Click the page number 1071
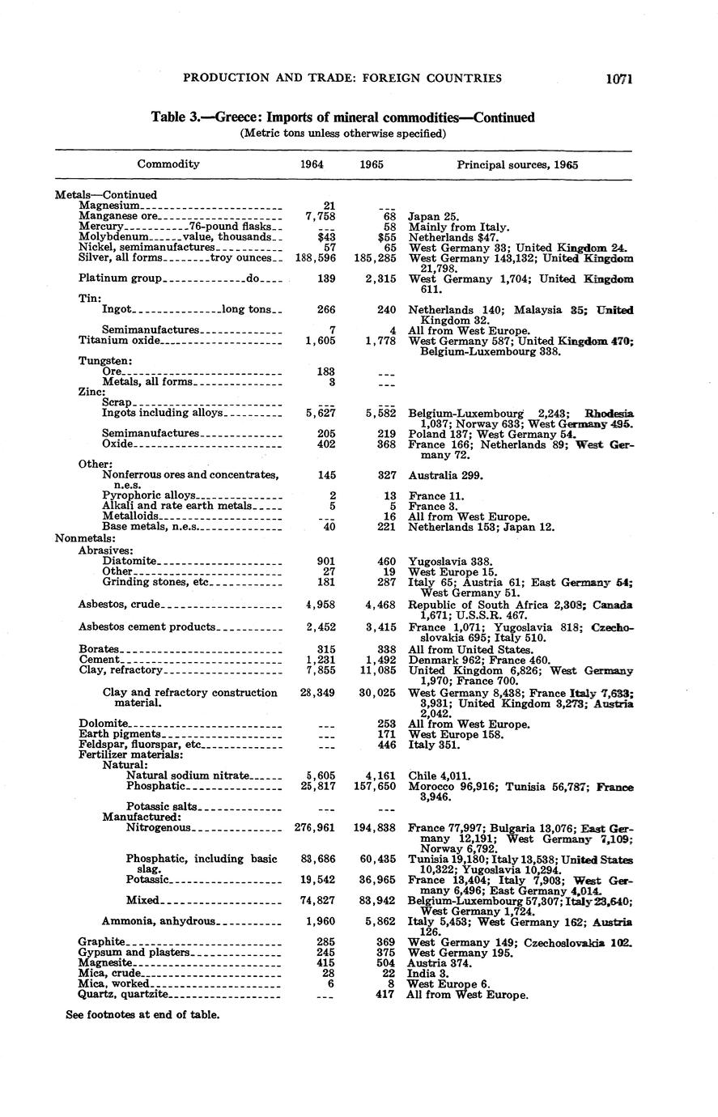tap(617, 79)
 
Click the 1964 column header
tap(312, 164)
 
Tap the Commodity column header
tap(168, 164)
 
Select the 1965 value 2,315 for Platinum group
tap(379, 278)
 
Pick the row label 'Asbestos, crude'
tap(120, 605)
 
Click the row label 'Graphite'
tap(102, 942)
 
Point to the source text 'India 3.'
tap(427, 974)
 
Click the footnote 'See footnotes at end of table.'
tap(142, 1014)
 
